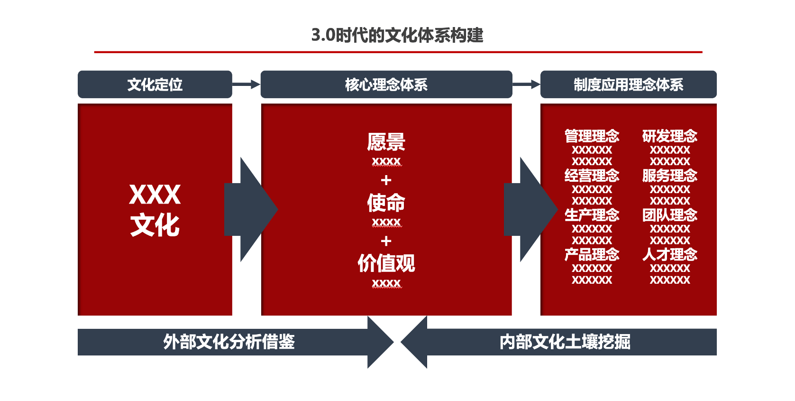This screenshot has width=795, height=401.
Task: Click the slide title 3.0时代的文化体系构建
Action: [x=397, y=35]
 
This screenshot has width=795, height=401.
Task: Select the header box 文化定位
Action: [x=155, y=84]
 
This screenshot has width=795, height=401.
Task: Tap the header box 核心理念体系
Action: [x=386, y=84]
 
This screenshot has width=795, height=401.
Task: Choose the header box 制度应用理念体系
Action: [x=628, y=84]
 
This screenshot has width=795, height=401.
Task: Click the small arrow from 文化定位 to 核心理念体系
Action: [x=246, y=84]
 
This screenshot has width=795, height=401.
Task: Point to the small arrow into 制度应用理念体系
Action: [x=526, y=84]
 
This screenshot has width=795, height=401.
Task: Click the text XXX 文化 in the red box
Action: [x=155, y=209]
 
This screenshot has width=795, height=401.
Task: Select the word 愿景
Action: [x=386, y=141]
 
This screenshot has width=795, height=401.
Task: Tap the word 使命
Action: [x=386, y=203]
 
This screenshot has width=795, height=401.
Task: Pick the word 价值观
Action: [x=386, y=263]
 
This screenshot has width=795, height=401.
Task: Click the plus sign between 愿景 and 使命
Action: [x=386, y=180]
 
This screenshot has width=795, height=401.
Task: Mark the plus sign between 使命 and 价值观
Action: [x=386, y=241]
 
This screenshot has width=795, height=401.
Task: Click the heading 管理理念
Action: [x=592, y=136]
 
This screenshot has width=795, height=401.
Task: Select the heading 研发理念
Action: [x=669, y=136]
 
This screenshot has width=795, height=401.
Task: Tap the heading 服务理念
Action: [x=669, y=176]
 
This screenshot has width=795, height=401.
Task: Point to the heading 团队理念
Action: [x=669, y=215]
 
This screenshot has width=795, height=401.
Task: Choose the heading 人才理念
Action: [x=669, y=254]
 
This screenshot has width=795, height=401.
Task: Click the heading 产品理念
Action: [x=592, y=254]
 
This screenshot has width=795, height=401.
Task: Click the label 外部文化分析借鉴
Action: [x=229, y=342]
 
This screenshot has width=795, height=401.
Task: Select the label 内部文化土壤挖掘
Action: [x=565, y=342]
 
